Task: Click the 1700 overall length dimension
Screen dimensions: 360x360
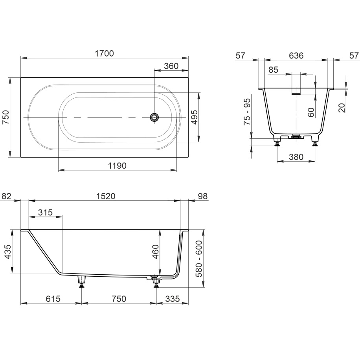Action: click(x=104, y=53)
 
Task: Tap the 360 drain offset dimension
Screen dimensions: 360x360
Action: click(x=171, y=66)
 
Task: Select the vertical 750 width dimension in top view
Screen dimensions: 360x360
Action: click(x=6, y=118)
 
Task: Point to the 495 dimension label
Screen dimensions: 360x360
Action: click(x=194, y=118)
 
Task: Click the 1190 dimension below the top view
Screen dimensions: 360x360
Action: click(x=117, y=165)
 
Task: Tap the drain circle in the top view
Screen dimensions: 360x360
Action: click(x=154, y=117)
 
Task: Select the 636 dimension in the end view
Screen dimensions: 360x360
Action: click(x=296, y=55)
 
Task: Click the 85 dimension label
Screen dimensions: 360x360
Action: click(x=273, y=70)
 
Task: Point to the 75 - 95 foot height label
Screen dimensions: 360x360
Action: click(x=247, y=112)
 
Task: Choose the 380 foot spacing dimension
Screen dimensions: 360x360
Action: click(x=296, y=157)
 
